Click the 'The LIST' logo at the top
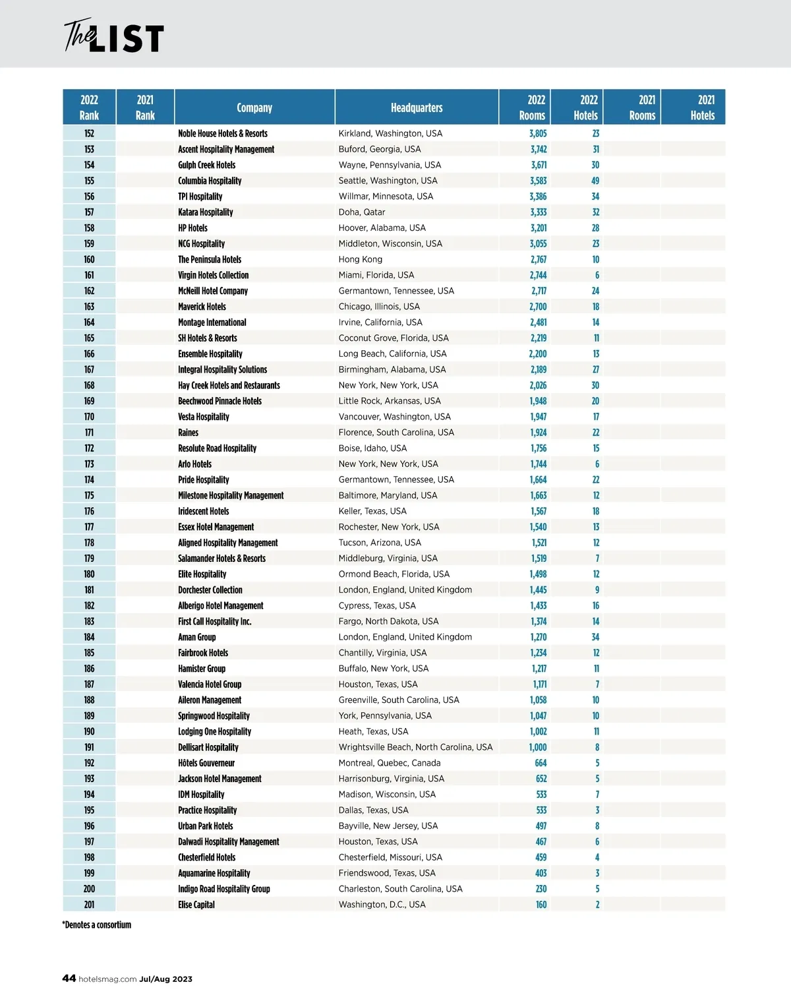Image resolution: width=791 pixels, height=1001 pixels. click(x=113, y=37)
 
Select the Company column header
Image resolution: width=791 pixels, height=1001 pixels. click(x=254, y=107)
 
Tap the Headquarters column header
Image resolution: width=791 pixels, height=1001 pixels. click(x=417, y=107)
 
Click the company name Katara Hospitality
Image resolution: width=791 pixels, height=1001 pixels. click(x=206, y=212)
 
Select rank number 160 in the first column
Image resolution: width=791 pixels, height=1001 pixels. click(x=89, y=260)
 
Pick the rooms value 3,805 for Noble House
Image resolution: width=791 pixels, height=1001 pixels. click(x=538, y=133)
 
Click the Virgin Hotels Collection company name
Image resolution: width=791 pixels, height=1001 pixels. click(x=214, y=276)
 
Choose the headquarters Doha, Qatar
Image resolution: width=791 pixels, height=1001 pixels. click(x=362, y=212)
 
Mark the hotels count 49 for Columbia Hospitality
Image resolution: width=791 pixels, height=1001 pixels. click(x=595, y=181)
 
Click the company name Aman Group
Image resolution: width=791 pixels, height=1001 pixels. click(x=197, y=638)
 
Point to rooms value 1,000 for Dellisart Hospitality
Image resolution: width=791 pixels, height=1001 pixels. click(x=538, y=748)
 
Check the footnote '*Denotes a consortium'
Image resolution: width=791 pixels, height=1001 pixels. click(x=97, y=925)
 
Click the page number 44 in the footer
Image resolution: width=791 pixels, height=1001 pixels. click(x=69, y=979)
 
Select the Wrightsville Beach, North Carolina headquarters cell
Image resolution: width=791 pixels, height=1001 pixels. click(x=415, y=748)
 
